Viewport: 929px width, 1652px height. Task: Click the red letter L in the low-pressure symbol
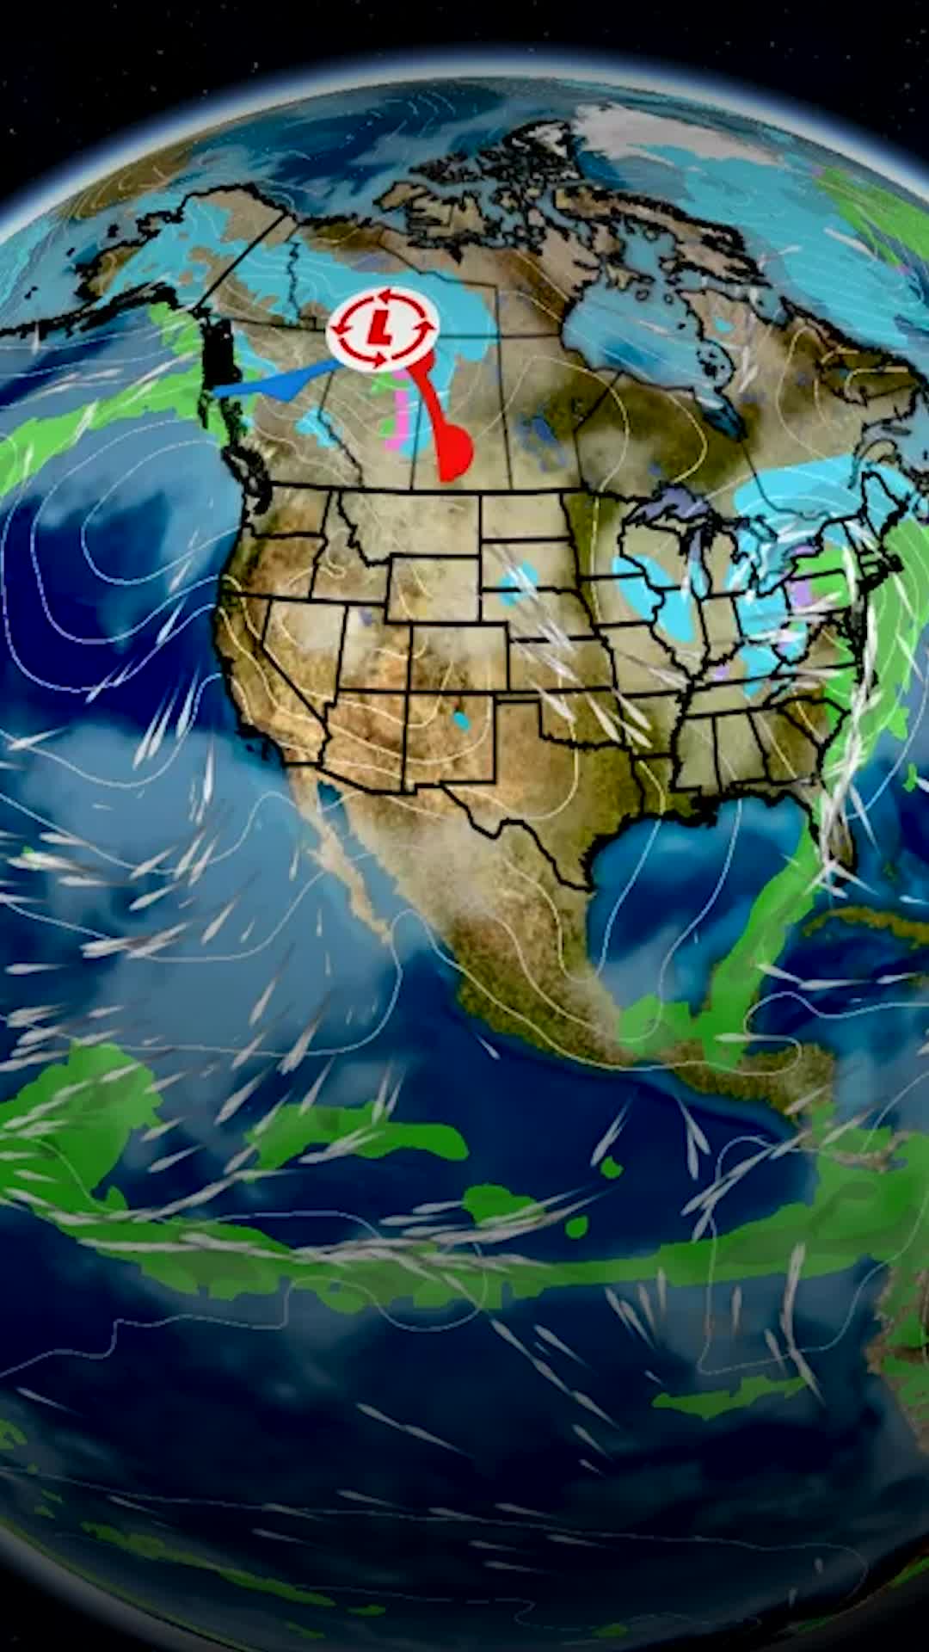pos(378,325)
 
